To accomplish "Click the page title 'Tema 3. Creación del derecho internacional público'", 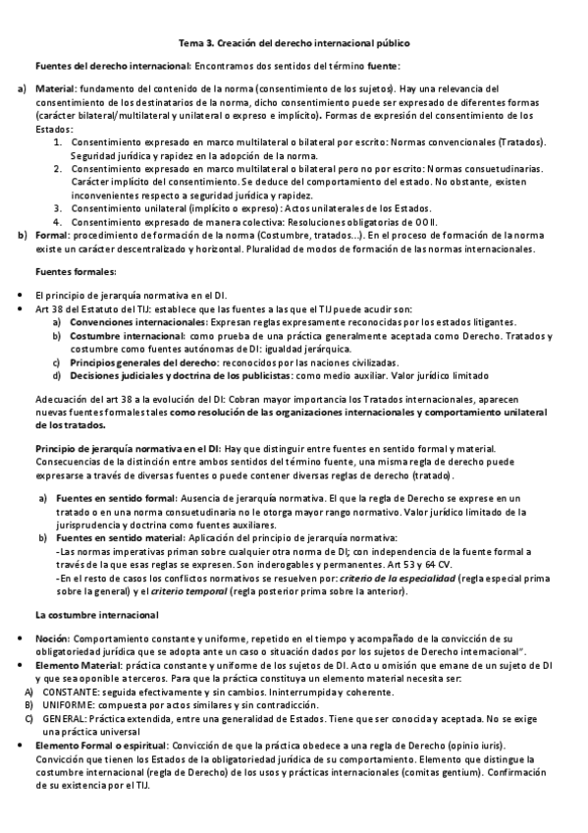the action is (294, 43).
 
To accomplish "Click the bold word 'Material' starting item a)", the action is (55, 88).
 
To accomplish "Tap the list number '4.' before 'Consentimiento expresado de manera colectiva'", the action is (58, 221).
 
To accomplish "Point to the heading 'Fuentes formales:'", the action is (76, 271).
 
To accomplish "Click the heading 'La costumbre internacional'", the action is (97, 615).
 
